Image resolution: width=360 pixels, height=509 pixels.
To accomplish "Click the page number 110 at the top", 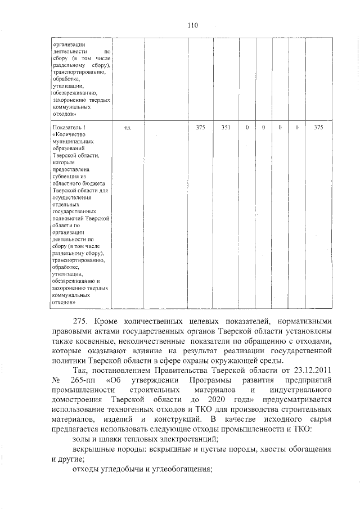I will tap(193, 25).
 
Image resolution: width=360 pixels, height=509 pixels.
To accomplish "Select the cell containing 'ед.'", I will tap(128, 128).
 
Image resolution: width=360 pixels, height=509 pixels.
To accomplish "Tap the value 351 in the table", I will tap(226, 128).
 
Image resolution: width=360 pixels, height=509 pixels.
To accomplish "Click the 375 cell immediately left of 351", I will tap(200, 128).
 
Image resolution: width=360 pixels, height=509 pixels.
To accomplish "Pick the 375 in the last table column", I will tap(318, 128).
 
